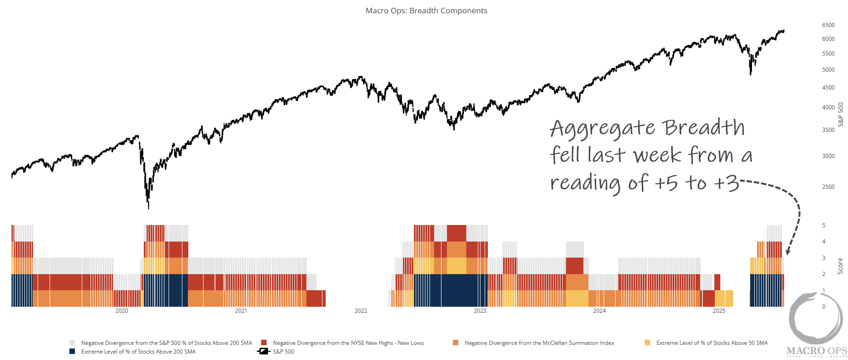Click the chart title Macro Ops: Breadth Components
coord(426,11)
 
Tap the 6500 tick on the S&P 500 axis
coord(828,25)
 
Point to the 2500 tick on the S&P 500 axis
coord(828,187)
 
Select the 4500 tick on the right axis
coord(828,88)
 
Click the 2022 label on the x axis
coord(361,311)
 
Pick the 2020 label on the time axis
coord(122,311)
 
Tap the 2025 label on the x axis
coord(719,311)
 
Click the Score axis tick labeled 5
coord(824,225)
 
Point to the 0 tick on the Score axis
coord(824,307)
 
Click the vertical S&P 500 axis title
coord(841,114)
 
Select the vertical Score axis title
coord(840,266)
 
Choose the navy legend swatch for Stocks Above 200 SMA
coord(72,352)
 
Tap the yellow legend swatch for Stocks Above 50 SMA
coord(648,343)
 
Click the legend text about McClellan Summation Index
coord(539,343)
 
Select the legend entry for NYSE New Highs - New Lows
coord(348,343)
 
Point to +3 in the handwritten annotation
coord(726,183)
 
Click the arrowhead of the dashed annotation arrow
coord(788,252)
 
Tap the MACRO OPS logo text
coord(817,352)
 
